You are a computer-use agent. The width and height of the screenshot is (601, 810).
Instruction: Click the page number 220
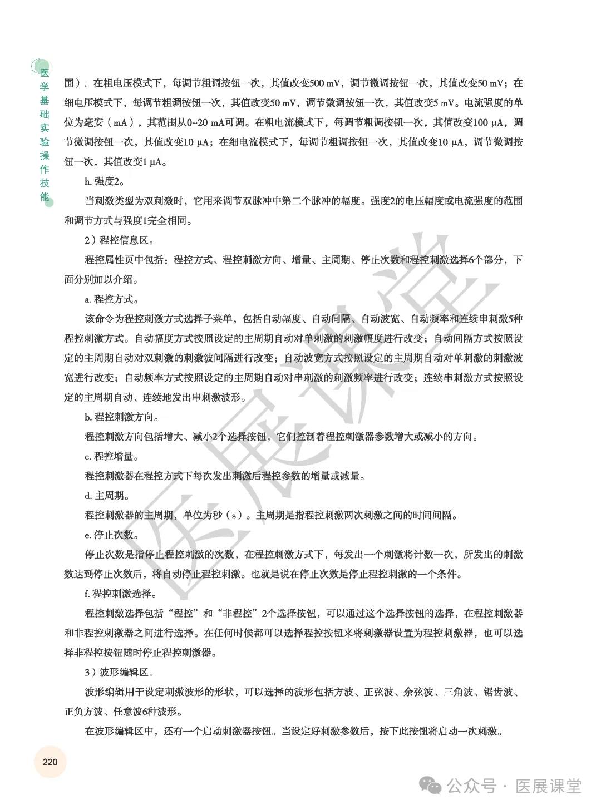[x=50, y=762]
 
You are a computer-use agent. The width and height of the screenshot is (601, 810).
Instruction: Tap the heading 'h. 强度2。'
[x=105, y=181]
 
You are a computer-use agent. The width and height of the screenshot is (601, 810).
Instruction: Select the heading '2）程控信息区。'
[x=120, y=240]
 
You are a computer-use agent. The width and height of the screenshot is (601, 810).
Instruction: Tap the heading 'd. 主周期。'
[x=107, y=496]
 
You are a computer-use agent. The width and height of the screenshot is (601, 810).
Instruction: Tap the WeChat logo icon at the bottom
[x=431, y=786]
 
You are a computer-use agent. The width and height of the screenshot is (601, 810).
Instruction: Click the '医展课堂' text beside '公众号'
[x=548, y=786]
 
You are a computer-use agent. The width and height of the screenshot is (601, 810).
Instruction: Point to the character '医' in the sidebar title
[x=45, y=73]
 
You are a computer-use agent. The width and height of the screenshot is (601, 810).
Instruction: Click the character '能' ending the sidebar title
[x=45, y=197]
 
